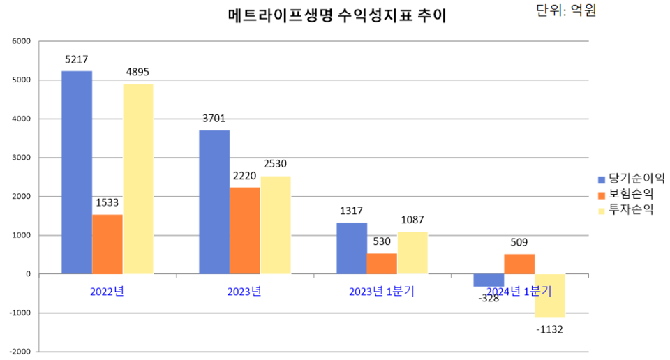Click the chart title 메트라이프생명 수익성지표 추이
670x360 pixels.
(x=336, y=16)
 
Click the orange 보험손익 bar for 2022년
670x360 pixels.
(x=107, y=243)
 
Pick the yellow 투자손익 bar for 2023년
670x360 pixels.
(x=276, y=225)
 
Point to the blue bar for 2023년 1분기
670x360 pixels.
(x=352, y=248)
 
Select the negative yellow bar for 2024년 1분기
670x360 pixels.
(x=550, y=296)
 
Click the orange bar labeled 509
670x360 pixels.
(x=519, y=264)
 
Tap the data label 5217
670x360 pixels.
(x=76, y=60)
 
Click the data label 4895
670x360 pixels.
(x=137, y=72)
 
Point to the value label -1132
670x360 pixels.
(x=550, y=329)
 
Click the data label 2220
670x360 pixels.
(x=245, y=176)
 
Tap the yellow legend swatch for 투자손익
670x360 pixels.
(x=602, y=210)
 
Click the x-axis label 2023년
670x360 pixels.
(x=244, y=292)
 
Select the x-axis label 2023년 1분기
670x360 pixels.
(x=382, y=292)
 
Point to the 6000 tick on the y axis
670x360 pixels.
(x=21, y=41)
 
